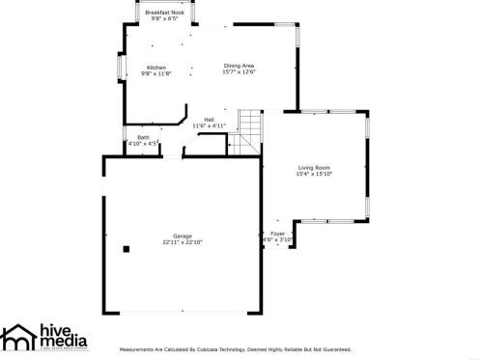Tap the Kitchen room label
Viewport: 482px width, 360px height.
[156, 67]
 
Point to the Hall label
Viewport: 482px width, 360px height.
[209, 120]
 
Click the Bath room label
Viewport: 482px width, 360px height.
[143, 137]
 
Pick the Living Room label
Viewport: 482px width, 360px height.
[314, 167]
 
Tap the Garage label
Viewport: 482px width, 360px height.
[182, 235]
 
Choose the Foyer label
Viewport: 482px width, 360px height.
[277, 234]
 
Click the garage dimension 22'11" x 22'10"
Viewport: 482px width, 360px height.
[182, 242]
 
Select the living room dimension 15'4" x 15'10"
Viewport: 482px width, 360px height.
[314, 174]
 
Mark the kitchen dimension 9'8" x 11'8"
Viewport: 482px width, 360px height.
[156, 73]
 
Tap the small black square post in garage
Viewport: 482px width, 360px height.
[126, 248]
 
